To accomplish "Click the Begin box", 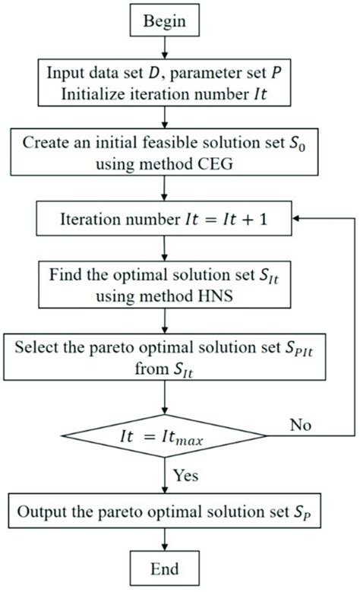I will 164,21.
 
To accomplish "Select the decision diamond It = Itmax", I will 164,438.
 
